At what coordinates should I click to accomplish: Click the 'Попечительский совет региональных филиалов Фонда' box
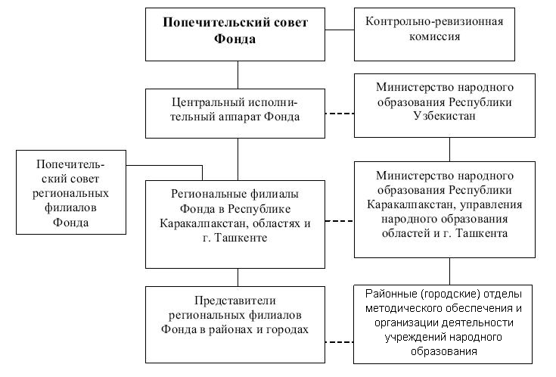[70, 193]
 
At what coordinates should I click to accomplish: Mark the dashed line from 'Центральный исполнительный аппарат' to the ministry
[340, 114]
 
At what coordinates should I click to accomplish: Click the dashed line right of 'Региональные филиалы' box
[340, 222]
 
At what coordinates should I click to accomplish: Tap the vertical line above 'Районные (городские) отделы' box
[452, 271]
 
